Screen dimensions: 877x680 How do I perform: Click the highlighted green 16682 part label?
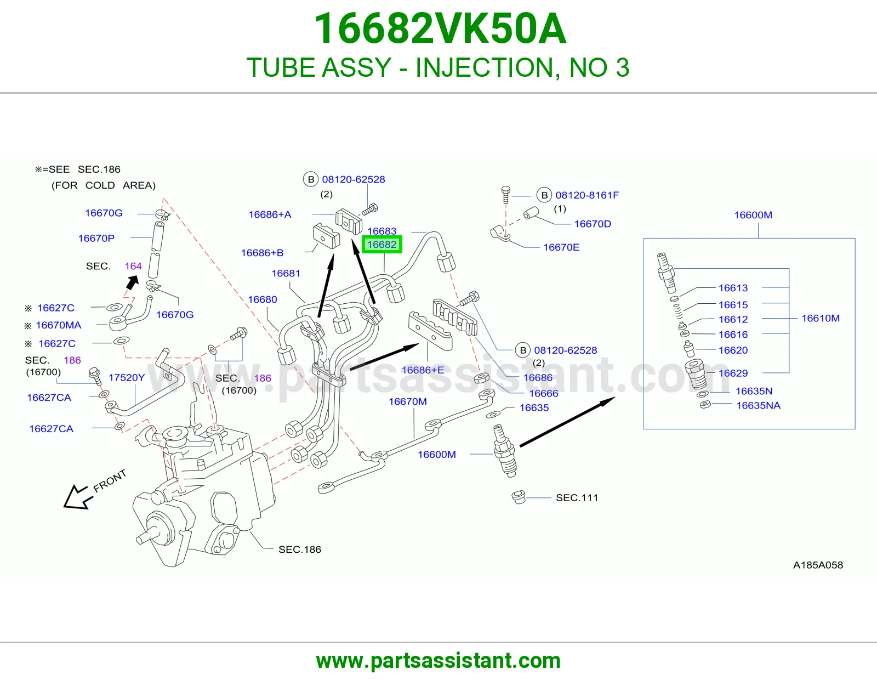(x=382, y=244)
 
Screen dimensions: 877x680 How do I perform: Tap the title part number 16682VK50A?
(x=440, y=29)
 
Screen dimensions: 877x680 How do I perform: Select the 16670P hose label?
(x=96, y=238)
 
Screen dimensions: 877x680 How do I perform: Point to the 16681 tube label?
(x=286, y=274)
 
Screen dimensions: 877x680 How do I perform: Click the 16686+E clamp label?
(x=423, y=370)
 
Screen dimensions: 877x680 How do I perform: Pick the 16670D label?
(x=593, y=224)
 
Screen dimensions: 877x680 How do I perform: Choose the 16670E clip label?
(x=561, y=247)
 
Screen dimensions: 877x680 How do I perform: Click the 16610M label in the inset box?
(x=821, y=318)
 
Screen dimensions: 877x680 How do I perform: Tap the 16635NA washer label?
(x=759, y=405)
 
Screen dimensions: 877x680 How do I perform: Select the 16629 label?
(x=733, y=373)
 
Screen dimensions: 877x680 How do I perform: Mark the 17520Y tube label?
(x=126, y=377)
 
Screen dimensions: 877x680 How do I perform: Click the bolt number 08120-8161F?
(x=587, y=195)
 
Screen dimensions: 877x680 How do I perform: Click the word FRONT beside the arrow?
(x=110, y=481)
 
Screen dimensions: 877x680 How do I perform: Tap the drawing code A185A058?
(x=818, y=565)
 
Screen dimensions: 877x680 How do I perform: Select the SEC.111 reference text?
(x=577, y=497)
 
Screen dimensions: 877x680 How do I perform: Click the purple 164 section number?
(x=133, y=266)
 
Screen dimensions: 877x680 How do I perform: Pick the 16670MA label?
(x=59, y=325)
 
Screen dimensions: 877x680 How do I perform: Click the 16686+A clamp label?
(x=270, y=214)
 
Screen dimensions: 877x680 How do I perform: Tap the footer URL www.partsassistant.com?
(x=438, y=661)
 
